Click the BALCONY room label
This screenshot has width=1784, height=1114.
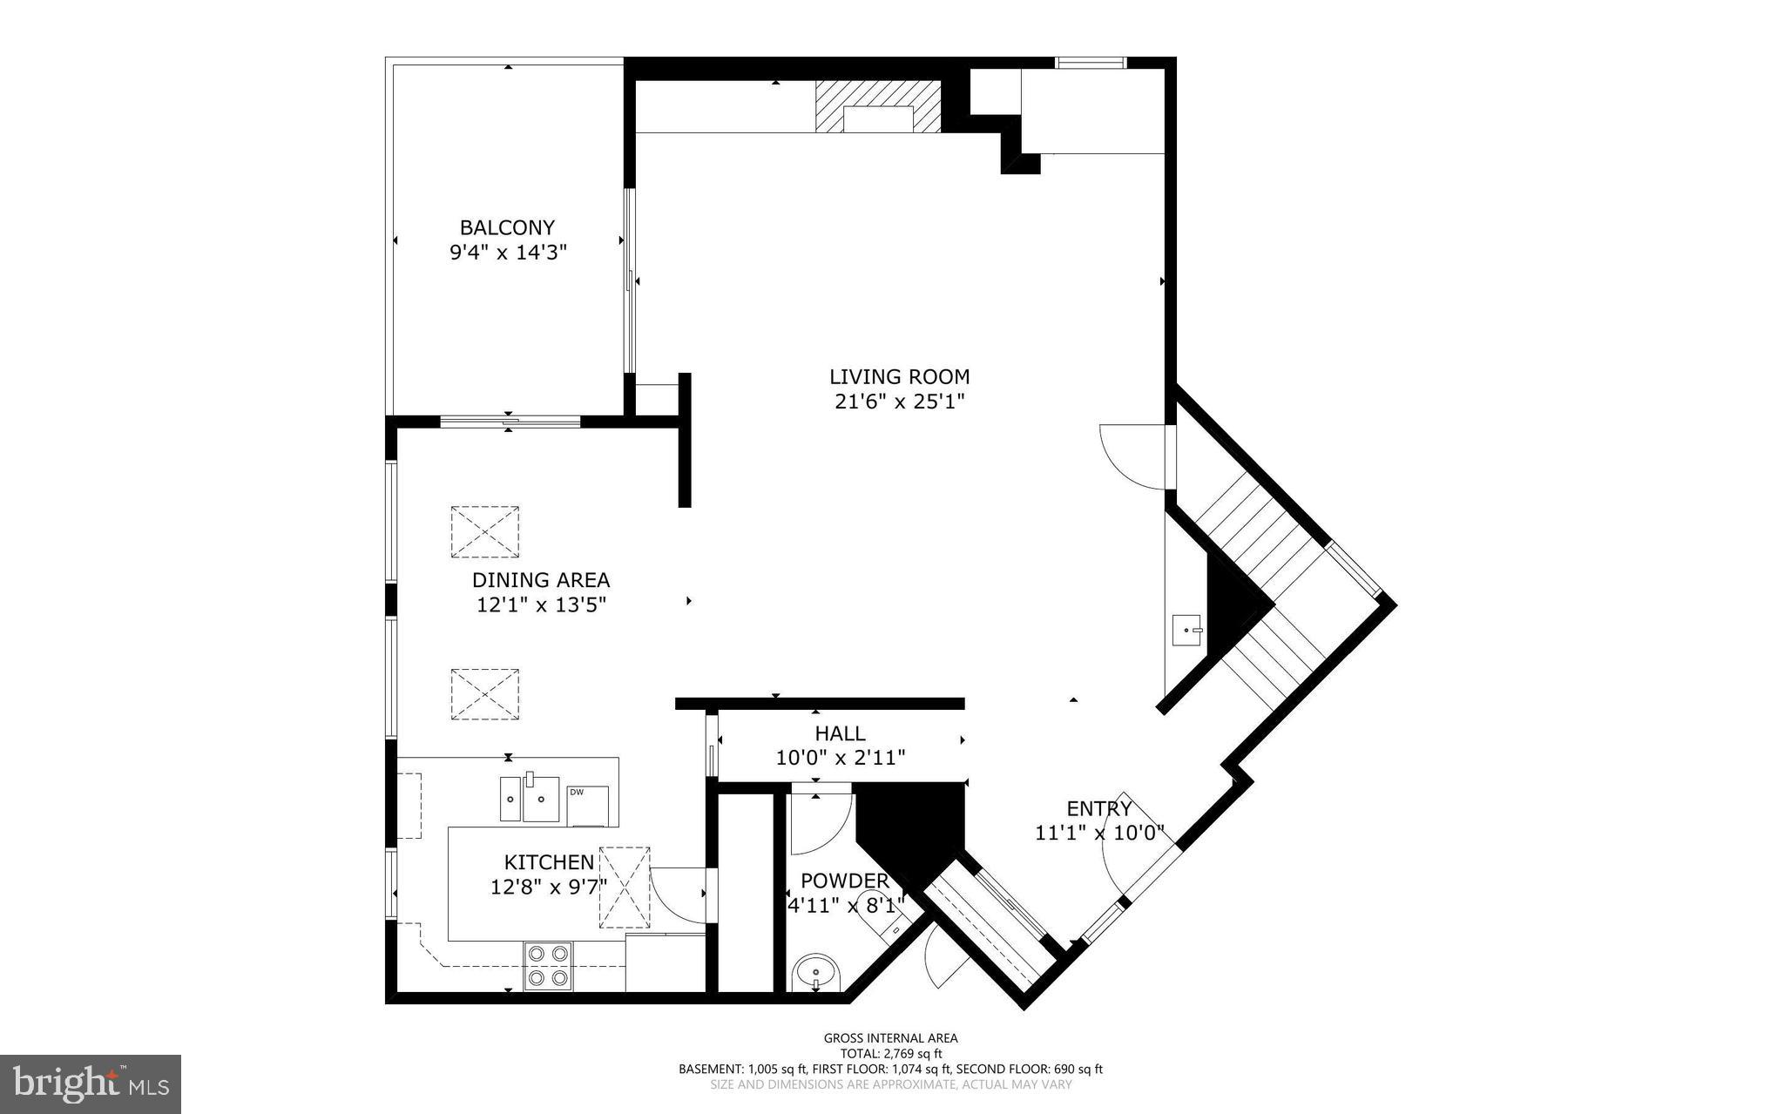(x=507, y=227)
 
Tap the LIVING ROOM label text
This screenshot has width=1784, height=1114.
(x=899, y=377)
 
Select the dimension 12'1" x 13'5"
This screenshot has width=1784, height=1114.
(x=541, y=604)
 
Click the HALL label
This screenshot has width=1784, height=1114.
(x=840, y=733)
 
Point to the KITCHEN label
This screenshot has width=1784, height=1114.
(x=549, y=862)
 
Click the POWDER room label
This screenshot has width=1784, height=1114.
(x=844, y=881)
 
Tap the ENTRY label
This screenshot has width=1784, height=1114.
(x=1099, y=808)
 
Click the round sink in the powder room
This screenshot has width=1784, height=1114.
(x=816, y=971)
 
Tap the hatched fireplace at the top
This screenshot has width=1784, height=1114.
(x=878, y=106)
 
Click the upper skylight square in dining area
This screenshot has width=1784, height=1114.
(x=484, y=531)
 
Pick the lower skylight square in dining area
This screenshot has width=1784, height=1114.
(x=484, y=694)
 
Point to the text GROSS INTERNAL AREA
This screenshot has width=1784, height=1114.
(x=890, y=1037)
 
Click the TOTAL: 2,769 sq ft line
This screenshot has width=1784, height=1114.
(x=890, y=1052)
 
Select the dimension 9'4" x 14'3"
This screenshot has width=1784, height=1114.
(x=508, y=253)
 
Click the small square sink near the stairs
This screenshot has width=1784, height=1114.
(x=1187, y=629)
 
